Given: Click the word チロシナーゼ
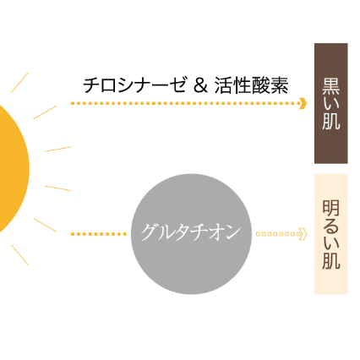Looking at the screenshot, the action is click(x=134, y=85).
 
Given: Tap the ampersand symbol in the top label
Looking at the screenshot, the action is click(x=200, y=85).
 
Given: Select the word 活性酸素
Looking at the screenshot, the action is click(x=251, y=85).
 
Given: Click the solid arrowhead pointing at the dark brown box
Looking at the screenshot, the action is click(x=303, y=103).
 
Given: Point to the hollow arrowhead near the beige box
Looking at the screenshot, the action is click(x=303, y=234).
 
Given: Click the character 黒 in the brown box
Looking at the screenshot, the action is click(x=331, y=86).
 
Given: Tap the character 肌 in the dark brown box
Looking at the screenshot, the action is click(x=331, y=121).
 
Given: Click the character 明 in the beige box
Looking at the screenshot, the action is click(x=331, y=208).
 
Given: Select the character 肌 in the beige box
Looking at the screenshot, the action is click(x=331, y=260).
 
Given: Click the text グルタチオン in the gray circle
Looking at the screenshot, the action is click(x=191, y=232).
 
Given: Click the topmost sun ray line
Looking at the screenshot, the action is click(x=19, y=82).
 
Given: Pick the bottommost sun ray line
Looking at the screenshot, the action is click(x=19, y=255).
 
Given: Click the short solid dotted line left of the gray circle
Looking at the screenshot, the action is click(x=99, y=234).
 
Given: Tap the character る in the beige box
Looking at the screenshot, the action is click(x=331, y=226).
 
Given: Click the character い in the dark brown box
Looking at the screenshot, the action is click(x=331, y=104).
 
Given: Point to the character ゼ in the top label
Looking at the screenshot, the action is click(x=178, y=85).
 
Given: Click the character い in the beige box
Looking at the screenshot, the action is click(x=331, y=243).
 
